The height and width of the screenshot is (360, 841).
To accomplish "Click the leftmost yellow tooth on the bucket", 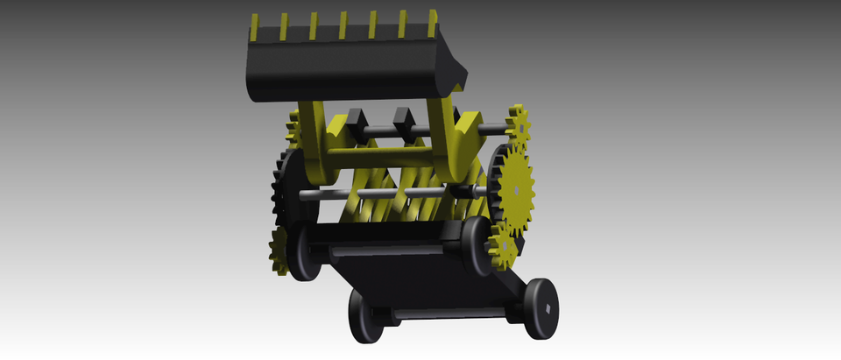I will tap(254, 27).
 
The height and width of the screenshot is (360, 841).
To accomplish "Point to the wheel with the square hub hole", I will tap(541, 307).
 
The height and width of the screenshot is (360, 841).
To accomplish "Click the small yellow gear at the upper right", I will tap(518, 127).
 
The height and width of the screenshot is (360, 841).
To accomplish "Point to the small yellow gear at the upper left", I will tap(293, 132).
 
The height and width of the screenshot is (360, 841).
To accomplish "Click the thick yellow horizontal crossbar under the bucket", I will tap(385, 159).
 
